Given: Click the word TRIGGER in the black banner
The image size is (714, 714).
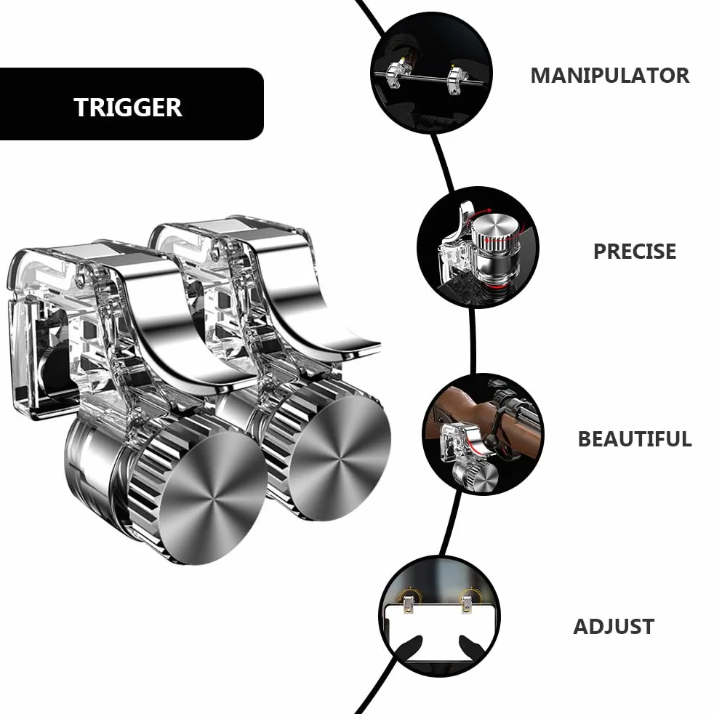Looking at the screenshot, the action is coord(128,108).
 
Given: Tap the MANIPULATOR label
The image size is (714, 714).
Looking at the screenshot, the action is coord(610,76).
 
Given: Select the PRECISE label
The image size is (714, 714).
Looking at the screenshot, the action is coord(635,252).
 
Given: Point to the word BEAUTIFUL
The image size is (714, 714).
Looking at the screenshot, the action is coord(635,439).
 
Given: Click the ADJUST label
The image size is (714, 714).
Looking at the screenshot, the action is coord(614,627).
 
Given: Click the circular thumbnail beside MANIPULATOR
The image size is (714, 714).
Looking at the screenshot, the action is coord(432,73).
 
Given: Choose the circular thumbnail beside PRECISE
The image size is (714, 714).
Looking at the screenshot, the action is coord(478,247).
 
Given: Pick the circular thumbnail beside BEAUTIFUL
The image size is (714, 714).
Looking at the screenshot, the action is coord(483,435).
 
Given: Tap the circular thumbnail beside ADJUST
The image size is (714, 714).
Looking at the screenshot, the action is coord(439,617).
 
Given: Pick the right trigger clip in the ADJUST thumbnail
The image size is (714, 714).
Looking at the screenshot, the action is coord(468,601).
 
